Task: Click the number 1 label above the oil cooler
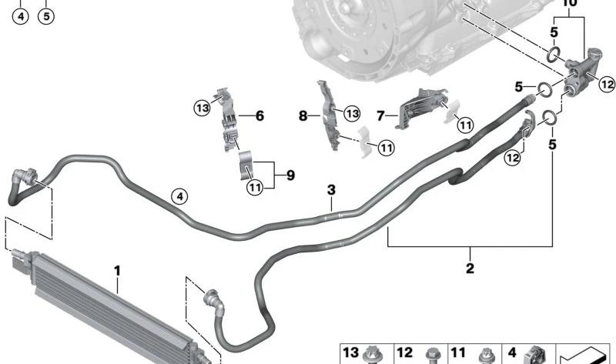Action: pos(117,271)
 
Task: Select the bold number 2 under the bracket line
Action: pos(470,268)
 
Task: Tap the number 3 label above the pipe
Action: pos(332,189)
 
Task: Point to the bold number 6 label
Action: pos(259,116)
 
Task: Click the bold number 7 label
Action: pos(380,116)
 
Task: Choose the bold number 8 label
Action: pos(303,116)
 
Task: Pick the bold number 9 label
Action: pos(290,175)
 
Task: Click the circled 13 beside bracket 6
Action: pos(203,108)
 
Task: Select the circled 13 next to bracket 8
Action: pos(352,113)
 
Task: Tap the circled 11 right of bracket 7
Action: pos(466,125)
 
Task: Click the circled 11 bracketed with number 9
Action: pos(255,187)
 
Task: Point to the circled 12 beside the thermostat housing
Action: pos(607,84)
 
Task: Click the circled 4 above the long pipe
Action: pos(179,196)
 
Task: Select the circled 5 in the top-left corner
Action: pos(46,16)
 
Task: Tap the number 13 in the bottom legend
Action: pos(351,352)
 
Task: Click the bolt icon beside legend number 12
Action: pos(433,356)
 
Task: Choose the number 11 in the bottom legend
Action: pos(458,352)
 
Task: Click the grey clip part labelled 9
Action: pos(246,165)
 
